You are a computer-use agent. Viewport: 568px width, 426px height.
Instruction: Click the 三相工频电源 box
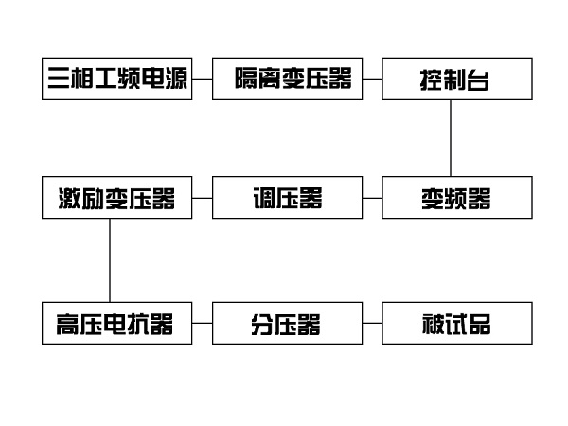point(117,80)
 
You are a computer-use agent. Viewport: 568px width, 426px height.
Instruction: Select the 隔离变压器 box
point(287,80)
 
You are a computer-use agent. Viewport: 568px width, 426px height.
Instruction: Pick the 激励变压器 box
point(117,198)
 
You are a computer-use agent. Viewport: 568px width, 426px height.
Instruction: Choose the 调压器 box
point(287,198)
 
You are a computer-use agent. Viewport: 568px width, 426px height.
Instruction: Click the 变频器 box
point(454,198)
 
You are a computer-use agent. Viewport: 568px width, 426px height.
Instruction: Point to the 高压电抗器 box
point(117,324)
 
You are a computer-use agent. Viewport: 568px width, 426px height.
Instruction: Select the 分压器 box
point(287,324)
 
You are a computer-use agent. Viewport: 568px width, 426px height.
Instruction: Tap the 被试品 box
point(454,324)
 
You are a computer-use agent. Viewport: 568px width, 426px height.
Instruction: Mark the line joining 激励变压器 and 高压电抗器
point(110,260)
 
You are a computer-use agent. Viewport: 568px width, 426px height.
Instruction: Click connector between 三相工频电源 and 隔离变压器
point(202,80)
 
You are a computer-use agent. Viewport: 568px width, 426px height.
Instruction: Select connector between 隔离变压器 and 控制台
point(372,80)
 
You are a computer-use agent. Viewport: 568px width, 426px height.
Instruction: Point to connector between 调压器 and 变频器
point(372,198)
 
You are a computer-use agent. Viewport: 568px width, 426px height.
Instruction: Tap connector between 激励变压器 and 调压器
point(202,198)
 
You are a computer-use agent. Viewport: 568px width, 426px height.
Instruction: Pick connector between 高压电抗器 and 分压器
point(202,324)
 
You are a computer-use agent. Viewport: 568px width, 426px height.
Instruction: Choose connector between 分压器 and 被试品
point(372,324)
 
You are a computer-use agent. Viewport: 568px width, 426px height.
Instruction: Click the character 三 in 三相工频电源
point(60,80)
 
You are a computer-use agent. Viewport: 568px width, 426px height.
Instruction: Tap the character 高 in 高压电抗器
point(60,325)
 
